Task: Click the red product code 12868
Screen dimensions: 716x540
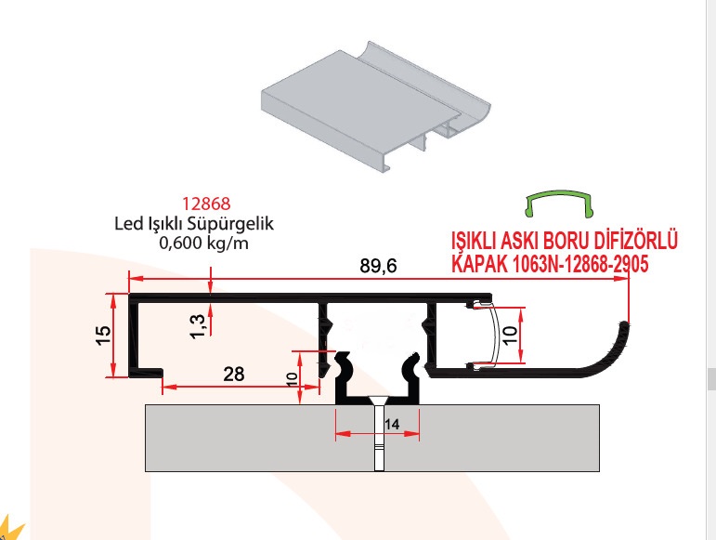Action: point(206,204)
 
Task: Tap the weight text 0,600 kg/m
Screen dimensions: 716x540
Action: point(203,243)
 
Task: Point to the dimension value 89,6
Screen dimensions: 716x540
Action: point(378,266)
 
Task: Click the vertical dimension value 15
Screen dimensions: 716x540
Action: point(104,336)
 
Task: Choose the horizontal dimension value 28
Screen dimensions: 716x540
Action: point(233,375)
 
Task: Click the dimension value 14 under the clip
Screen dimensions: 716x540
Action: point(392,425)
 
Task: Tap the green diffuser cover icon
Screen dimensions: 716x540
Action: point(559,203)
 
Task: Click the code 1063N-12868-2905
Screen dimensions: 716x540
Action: point(580,264)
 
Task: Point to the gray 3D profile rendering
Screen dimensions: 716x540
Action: point(376,107)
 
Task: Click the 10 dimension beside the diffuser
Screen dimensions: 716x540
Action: point(512,335)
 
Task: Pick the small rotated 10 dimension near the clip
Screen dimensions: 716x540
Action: point(292,379)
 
